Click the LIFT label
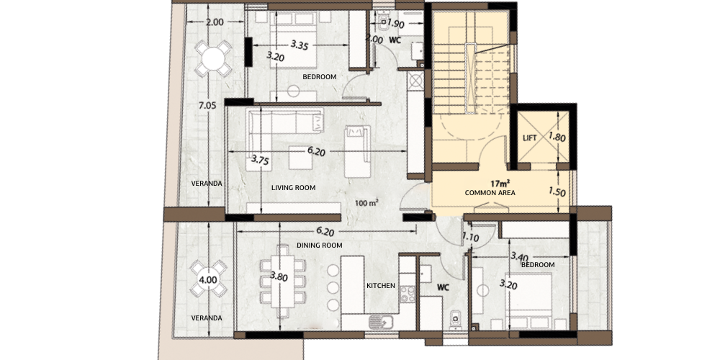[529, 138]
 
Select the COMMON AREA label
[490, 193]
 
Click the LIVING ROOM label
[294, 187]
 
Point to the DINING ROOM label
[320, 246]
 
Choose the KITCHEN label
[381, 286]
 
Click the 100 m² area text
[367, 202]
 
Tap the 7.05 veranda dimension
[207, 106]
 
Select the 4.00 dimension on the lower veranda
[208, 279]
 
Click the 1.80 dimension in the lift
[557, 137]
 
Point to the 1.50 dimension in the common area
[557, 192]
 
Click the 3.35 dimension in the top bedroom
[300, 45]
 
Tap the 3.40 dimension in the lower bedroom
[519, 257]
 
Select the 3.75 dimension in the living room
[260, 161]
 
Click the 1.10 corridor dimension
[471, 238]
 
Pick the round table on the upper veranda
[213, 59]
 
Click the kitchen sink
[381, 323]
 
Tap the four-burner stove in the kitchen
[408, 294]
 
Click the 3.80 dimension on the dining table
[279, 276]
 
